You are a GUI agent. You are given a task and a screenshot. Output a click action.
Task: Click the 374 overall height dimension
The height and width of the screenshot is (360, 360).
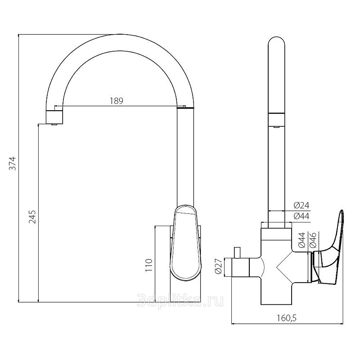tap(13, 163)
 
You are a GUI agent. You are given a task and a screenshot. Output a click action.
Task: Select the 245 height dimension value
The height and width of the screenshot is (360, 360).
tap(32, 217)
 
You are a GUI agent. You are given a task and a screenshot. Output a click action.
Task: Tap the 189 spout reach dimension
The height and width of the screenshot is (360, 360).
tap(117, 101)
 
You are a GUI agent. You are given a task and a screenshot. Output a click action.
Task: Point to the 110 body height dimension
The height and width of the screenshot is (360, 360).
tap(149, 265)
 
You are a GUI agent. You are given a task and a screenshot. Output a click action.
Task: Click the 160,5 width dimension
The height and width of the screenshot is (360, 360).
tap(287, 318)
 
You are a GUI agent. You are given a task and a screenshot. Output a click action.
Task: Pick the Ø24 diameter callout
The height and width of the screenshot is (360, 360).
tap(301, 205)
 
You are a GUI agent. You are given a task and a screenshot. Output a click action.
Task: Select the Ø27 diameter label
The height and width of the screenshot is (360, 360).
tap(218, 266)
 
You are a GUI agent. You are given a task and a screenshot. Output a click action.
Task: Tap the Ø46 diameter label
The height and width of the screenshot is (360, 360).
tap(313, 240)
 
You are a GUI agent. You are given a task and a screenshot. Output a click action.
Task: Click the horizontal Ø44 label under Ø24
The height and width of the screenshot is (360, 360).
tap(301, 216)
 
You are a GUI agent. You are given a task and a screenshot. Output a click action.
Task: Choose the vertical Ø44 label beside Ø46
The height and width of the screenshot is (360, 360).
tap(301, 240)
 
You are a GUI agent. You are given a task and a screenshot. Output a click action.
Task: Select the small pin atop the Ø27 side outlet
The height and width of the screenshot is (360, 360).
tap(237, 252)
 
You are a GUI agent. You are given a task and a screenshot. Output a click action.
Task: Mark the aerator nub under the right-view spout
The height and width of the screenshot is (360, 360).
tap(277, 126)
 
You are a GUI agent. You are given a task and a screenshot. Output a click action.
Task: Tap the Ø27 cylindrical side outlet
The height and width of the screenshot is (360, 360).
tap(240, 267)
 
